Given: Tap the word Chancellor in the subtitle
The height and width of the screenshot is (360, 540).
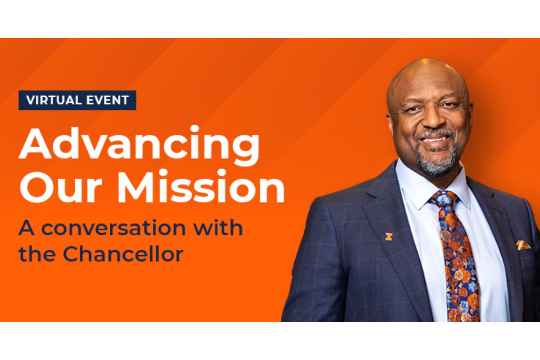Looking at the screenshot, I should click(x=123, y=254).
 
